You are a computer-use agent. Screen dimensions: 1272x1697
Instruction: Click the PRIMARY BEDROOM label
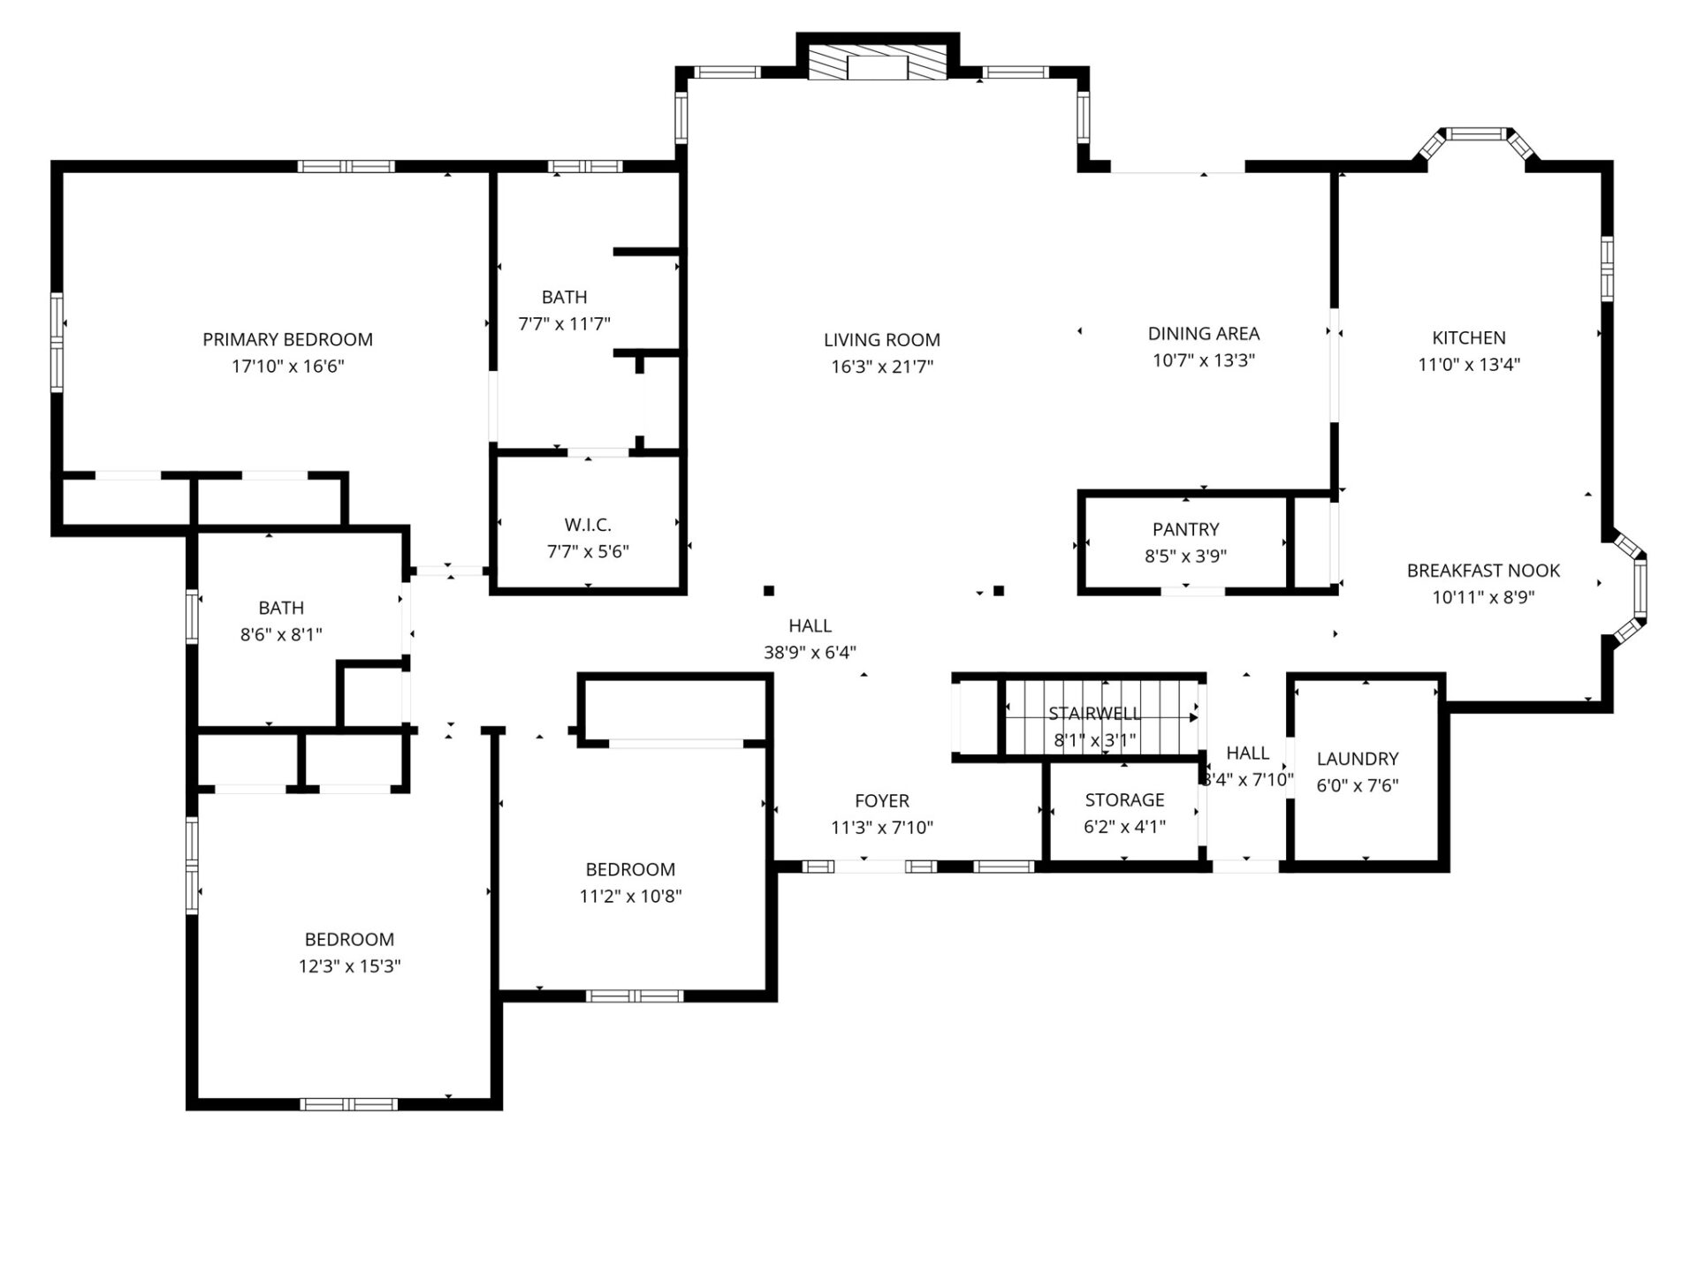287,339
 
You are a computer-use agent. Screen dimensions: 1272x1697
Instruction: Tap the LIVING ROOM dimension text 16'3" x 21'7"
881,367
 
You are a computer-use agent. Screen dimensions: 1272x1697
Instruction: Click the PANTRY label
1185,529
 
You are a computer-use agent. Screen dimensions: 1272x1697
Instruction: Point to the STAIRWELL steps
1100,716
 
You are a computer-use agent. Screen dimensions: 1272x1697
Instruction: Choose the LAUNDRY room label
1357,759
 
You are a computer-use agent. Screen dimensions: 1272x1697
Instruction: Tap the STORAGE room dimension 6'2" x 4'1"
1124,827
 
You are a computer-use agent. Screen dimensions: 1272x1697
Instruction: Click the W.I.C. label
588,525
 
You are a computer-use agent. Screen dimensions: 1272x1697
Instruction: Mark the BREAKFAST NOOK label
1483,571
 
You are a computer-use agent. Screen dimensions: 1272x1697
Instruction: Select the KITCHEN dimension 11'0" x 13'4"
1469,364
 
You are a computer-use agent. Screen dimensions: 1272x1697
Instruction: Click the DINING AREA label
1203,334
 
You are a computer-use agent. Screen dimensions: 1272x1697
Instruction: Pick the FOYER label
881,800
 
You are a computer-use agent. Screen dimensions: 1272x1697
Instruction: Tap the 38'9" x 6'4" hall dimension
810,653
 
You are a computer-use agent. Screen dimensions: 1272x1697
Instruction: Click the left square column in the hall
769,591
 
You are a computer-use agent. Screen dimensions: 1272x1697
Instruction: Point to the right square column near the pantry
999,591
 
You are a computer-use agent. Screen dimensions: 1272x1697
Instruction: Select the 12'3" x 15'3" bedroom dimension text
349,966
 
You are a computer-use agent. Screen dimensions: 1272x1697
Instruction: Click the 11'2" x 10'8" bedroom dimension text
630,897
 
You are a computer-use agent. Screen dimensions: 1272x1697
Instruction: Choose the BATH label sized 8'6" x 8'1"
281,608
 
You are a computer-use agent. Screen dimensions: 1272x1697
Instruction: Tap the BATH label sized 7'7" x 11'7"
564,297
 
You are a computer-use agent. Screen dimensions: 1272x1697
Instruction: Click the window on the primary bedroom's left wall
57,342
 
